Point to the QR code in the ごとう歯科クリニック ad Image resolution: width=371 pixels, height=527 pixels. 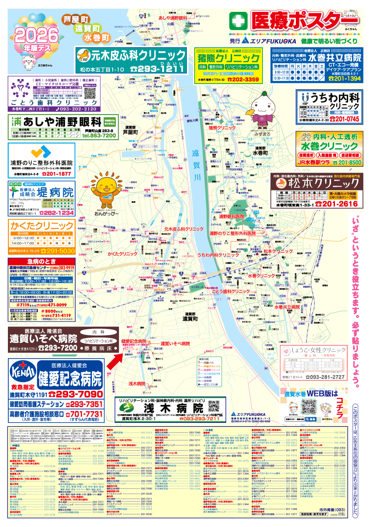[x=90, y=93]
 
